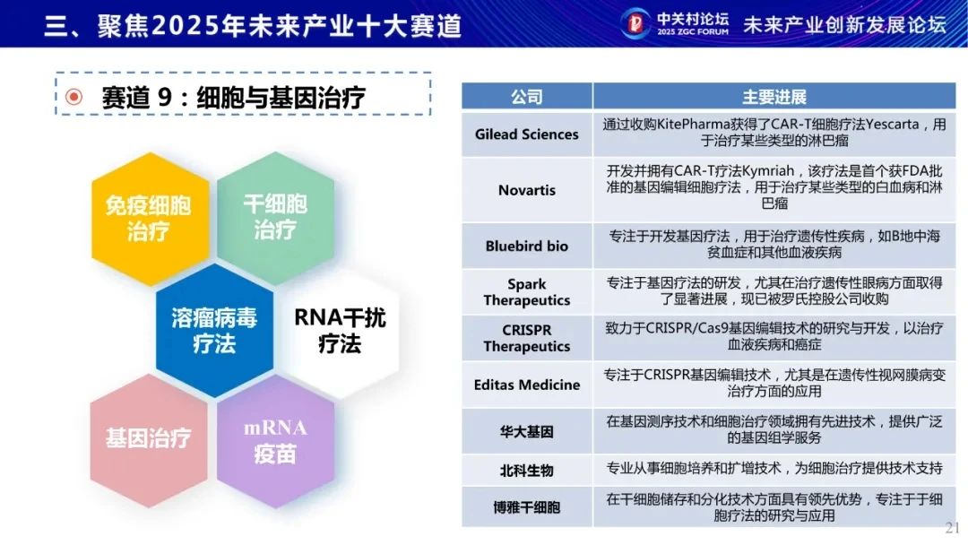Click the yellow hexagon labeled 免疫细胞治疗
point(149,219)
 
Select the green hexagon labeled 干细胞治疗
point(275,217)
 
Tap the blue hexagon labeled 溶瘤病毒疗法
point(214,330)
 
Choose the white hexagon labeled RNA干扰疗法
point(341,330)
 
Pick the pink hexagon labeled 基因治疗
point(149,440)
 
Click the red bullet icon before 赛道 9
point(74,97)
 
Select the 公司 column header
point(527,96)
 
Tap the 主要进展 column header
point(774,96)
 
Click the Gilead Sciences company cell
point(527,134)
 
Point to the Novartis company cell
point(527,190)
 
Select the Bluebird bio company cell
point(527,246)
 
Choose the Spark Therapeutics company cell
point(527,292)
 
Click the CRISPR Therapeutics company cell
point(527,338)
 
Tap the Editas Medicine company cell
point(527,385)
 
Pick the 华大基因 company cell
point(527,431)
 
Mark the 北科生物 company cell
point(527,471)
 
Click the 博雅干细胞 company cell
point(527,506)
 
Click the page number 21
point(952,528)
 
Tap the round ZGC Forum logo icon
point(635,23)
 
